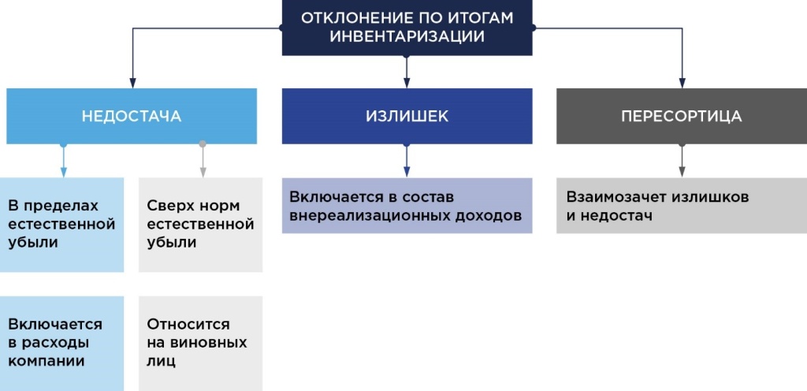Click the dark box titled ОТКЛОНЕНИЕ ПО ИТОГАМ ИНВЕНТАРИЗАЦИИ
click(x=407, y=28)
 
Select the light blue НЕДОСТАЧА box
click(x=132, y=116)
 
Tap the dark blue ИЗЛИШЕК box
click(x=407, y=116)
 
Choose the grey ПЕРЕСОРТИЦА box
click(x=681, y=116)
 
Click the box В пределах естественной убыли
click(x=62, y=225)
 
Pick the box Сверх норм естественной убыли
click(x=200, y=225)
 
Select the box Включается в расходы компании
click(x=62, y=343)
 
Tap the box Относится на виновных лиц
click(x=200, y=343)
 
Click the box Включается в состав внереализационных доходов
click(x=407, y=206)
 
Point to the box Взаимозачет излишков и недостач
click(x=681, y=206)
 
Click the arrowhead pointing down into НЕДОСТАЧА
click(x=132, y=81)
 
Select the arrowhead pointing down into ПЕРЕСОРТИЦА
click(x=682, y=81)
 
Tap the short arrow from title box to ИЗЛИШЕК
click(x=407, y=72)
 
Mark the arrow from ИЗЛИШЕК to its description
click(x=407, y=161)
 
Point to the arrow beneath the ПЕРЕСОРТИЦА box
click(x=682, y=161)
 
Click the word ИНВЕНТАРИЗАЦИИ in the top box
click(x=407, y=36)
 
